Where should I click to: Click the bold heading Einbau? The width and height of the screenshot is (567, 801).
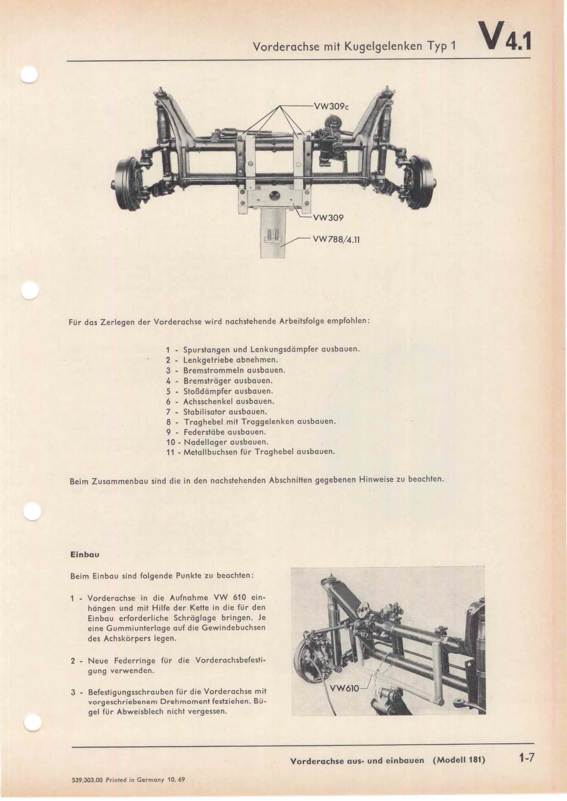pyautogui.click(x=84, y=554)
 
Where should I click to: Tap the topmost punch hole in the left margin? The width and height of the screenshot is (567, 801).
pyautogui.click(x=29, y=75)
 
